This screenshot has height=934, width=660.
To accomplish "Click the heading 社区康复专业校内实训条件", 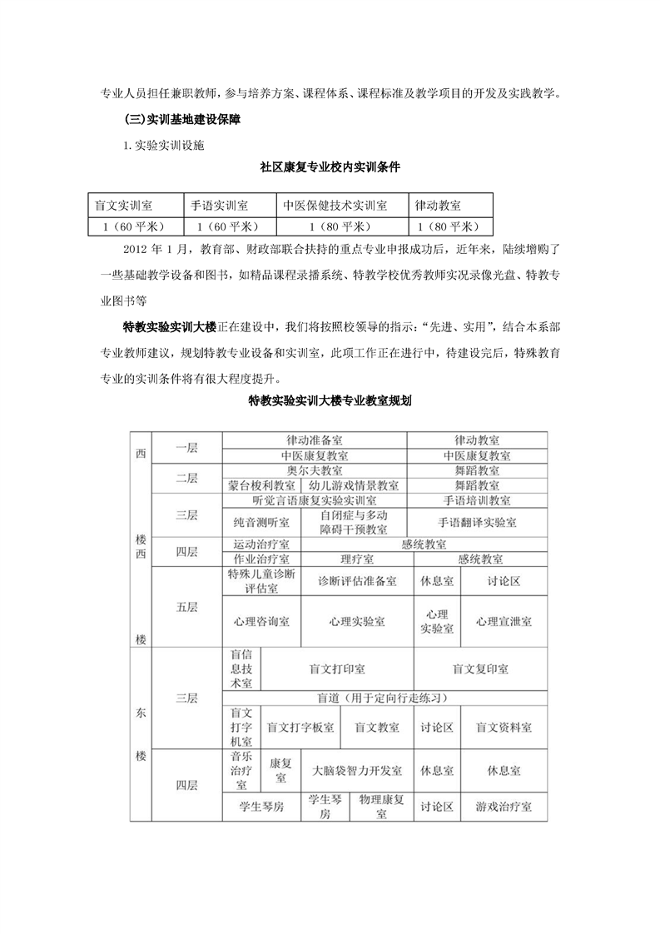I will tap(330, 167).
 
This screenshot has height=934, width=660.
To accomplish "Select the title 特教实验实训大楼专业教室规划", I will tap(330, 400).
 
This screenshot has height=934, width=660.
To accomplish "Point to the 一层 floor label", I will tap(186, 448).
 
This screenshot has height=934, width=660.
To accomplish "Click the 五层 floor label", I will tap(186, 607).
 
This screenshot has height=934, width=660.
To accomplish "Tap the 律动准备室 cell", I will tap(314, 440).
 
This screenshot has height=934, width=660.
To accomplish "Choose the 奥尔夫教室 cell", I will tap(314, 470).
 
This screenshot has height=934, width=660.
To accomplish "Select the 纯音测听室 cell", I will tap(261, 522).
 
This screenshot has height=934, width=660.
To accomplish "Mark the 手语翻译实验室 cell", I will tap(477, 522).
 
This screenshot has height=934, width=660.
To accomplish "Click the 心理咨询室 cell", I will tap(261, 622).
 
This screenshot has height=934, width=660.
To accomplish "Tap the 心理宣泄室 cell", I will tap(504, 622).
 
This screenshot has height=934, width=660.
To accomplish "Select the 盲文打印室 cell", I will tap(337, 669).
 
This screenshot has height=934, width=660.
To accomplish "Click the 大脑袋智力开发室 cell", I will tap(357, 771).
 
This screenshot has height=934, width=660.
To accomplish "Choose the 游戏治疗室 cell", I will tap(504, 807).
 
